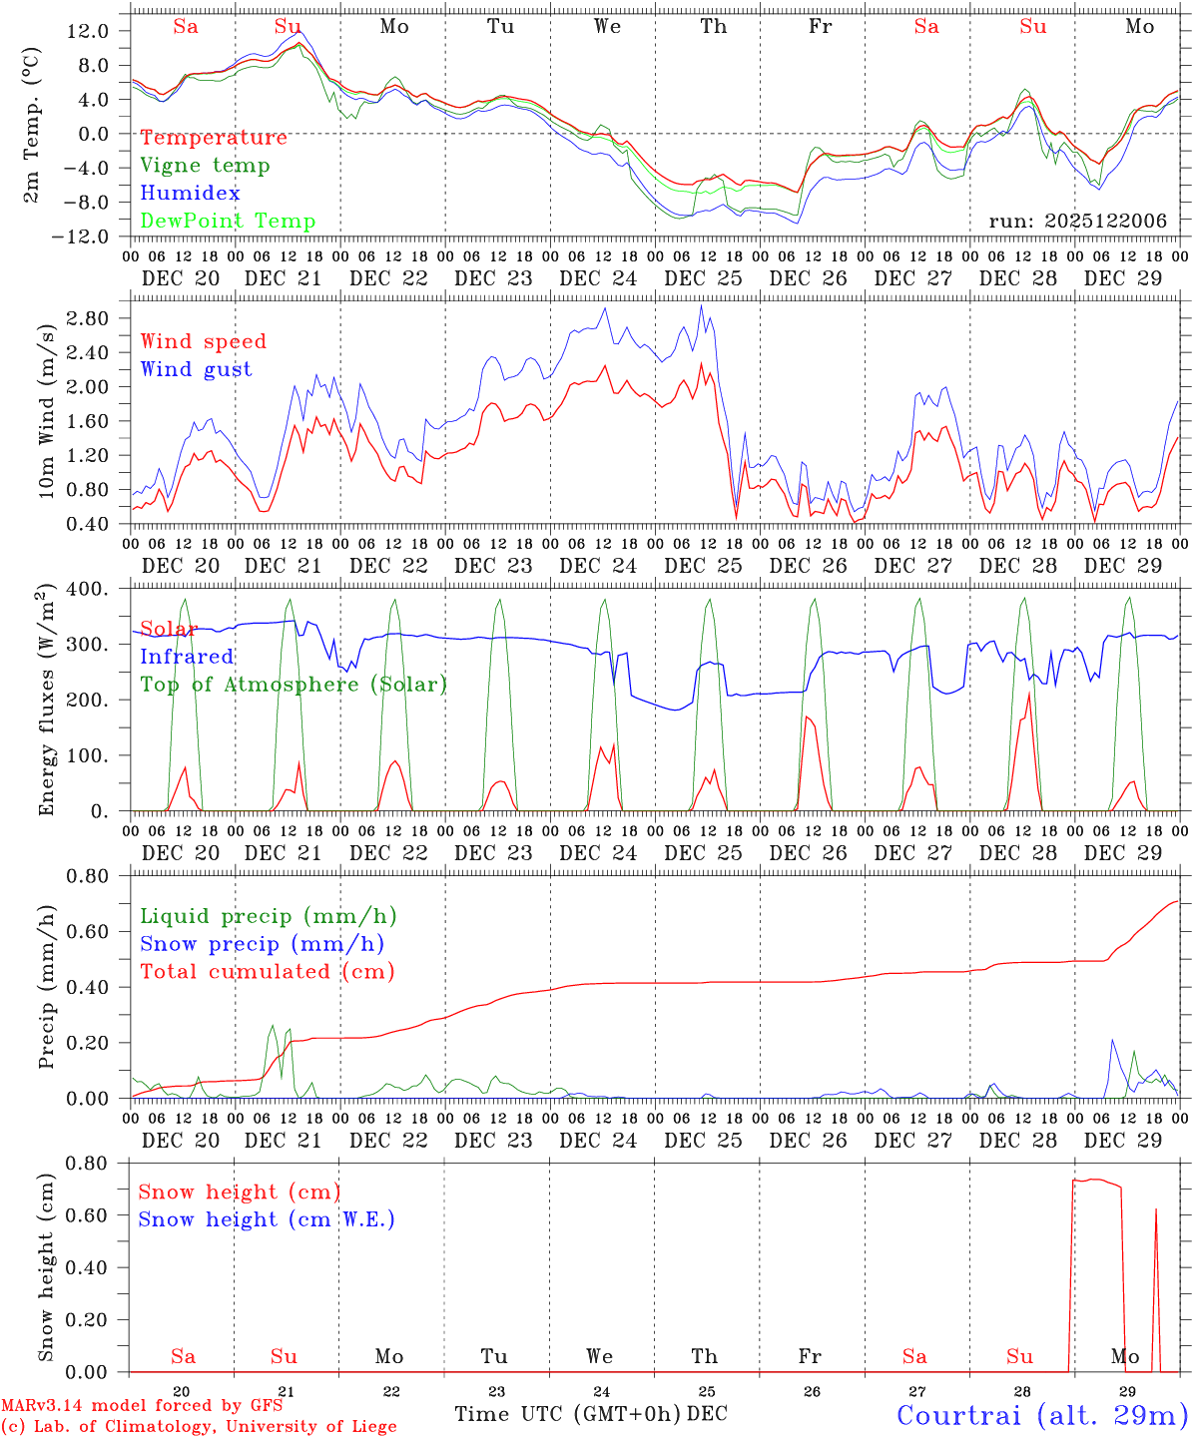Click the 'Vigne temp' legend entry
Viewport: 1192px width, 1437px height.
(x=205, y=166)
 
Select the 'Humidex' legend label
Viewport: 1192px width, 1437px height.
(x=190, y=194)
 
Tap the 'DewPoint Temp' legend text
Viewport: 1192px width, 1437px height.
(x=228, y=222)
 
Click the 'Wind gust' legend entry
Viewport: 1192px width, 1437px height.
(x=196, y=369)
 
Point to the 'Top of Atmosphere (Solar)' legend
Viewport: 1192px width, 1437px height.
(x=294, y=685)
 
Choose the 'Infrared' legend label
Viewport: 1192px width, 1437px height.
(x=187, y=657)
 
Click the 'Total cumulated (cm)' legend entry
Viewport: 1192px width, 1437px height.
(x=267, y=972)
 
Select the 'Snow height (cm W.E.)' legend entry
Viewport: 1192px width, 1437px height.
(x=267, y=1219)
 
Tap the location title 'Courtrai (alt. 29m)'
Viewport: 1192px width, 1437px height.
(x=1042, y=1415)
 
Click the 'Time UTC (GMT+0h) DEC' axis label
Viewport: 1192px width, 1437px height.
(x=591, y=1414)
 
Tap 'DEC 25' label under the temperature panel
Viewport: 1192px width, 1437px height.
(x=704, y=278)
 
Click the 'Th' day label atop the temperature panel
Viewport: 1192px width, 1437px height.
(x=713, y=27)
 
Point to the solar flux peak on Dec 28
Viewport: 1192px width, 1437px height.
(x=1028, y=693)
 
